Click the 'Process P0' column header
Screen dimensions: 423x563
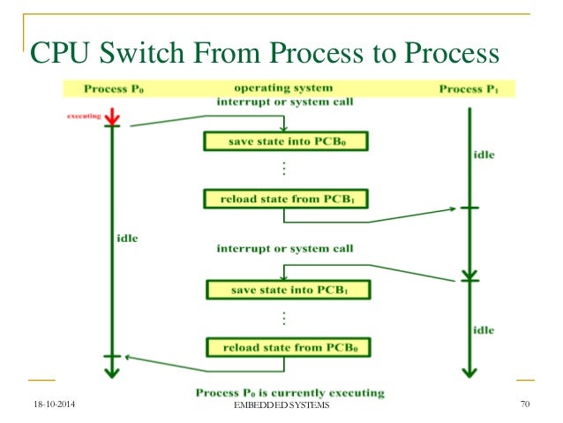pyautogui.click(x=115, y=89)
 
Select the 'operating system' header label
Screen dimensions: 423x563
pyautogui.click(x=283, y=88)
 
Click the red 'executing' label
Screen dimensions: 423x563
pyautogui.click(x=85, y=116)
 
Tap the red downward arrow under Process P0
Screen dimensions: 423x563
pyautogui.click(x=112, y=117)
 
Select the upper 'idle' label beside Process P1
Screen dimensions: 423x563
pyautogui.click(x=484, y=155)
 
